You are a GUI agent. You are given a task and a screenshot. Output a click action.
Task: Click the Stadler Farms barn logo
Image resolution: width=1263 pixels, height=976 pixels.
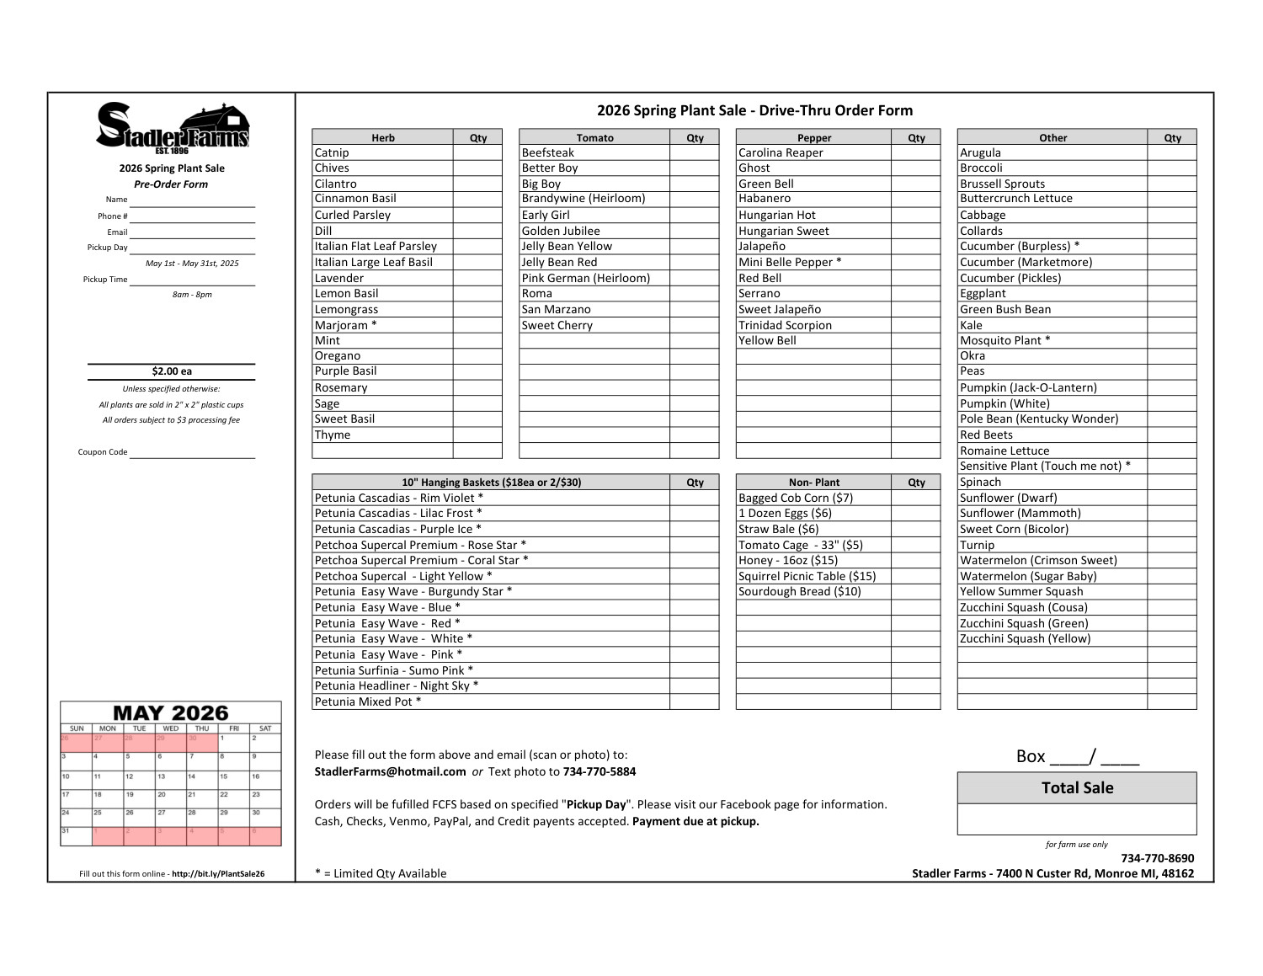[x=172, y=126]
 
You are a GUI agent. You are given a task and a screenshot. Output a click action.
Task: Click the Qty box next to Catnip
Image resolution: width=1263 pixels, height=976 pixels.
[x=477, y=152]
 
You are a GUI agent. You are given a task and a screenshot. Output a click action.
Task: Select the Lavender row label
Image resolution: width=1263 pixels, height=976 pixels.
[x=339, y=278]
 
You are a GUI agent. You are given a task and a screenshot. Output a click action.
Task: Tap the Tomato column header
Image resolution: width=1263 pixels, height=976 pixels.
[x=594, y=137]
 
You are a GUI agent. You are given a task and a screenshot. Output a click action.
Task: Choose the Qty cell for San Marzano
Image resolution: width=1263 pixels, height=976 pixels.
[x=694, y=309]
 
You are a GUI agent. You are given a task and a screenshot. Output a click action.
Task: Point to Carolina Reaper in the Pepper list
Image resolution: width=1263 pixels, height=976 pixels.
[x=781, y=152]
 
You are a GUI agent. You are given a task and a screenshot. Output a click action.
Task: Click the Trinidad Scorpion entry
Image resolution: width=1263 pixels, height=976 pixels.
[x=785, y=325]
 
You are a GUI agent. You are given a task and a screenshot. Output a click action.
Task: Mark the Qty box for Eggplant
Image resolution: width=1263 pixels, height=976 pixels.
[x=1171, y=293]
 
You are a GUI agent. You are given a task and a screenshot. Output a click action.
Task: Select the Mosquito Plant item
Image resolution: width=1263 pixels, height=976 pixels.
[x=1005, y=340]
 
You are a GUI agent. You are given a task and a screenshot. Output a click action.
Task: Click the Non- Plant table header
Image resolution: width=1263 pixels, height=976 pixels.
[x=813, y=483]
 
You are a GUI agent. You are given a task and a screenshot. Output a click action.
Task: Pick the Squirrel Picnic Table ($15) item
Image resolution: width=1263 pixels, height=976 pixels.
[x=807, y=576]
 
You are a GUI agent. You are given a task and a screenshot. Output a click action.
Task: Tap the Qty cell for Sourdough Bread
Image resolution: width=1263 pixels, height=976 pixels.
[x=916, y=591]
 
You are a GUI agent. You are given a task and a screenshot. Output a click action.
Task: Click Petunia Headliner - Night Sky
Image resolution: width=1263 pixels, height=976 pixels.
[x=396, y=685]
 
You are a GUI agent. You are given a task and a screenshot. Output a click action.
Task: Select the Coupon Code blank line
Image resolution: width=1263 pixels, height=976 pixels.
[x=192, y=452]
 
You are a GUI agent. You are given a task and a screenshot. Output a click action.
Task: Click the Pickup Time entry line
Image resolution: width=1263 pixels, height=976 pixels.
[x=192, y=280]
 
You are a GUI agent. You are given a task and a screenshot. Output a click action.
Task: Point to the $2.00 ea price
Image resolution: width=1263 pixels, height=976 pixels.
[x=172, y=371]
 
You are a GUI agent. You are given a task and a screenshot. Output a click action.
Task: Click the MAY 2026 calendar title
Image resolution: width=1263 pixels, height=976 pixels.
[x=171, y=713]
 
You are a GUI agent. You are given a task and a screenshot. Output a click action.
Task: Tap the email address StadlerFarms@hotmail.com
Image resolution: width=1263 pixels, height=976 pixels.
[x=390, y=771]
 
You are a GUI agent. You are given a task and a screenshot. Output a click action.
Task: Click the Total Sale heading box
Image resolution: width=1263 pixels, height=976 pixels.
[x=1077, y=788]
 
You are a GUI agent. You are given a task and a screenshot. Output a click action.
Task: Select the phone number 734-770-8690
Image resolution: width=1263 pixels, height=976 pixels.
[x=1157, y=858]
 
